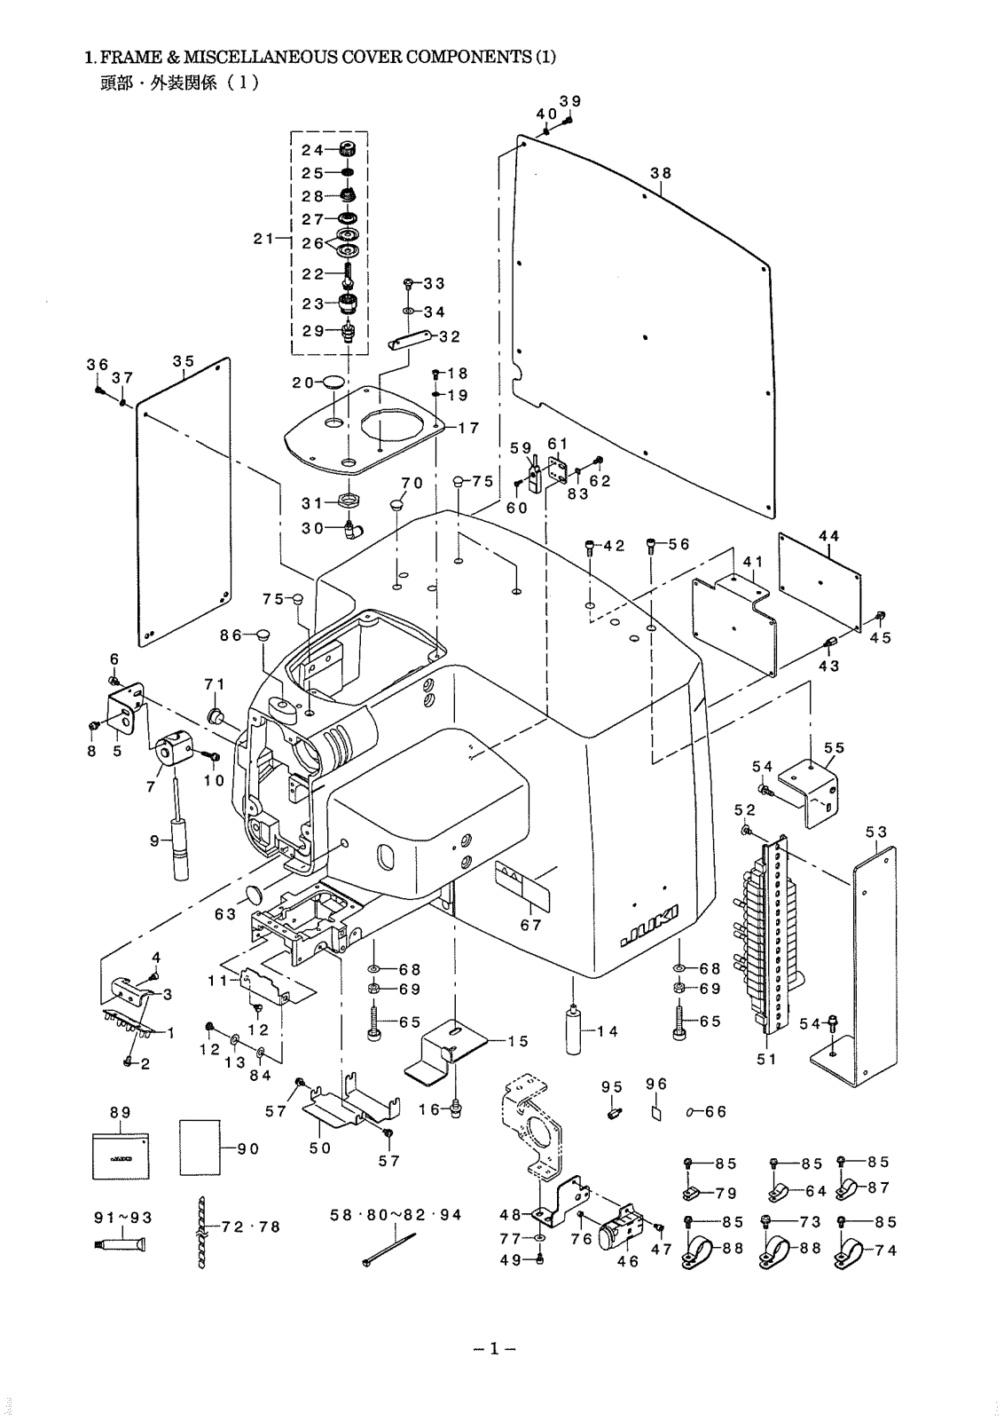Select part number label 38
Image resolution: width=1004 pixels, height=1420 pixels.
click(x=661, y=173)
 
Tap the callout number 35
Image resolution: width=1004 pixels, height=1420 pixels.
click(x=184, y=361)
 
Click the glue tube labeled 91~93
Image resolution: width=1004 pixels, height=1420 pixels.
click(x=122, y=1246)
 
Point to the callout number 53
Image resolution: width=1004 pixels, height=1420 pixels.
click(x=876, y=832)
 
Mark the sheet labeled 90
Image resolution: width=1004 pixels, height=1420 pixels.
click(x=200, y=1148)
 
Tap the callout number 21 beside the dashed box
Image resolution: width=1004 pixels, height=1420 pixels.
click(x=264, y=239)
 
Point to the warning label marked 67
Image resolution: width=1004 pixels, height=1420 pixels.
click(x=523, y=886)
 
